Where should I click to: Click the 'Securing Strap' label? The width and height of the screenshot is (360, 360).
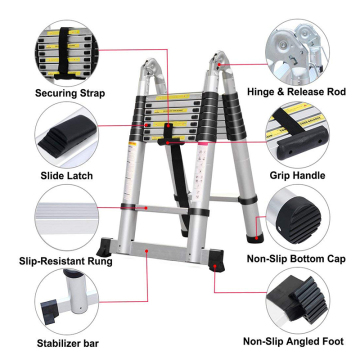pyautogui.click(x=70, y=93)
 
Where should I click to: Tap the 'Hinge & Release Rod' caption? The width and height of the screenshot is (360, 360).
pyautogui.click(x=296, y=92)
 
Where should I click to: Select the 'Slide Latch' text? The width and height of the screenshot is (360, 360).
pyautogui.click(x=67, y=176)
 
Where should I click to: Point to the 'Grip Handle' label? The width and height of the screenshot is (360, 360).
pyautogui.click(x=297, y=175)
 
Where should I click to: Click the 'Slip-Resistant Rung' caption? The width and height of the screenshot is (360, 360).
pyautogui.click(x=66, y=261)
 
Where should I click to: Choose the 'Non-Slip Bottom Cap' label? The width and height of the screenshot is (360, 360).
pyautogui.click(x=296, y=259)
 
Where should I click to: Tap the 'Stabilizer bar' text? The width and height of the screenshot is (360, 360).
pyautogui.click(x=68, y=343)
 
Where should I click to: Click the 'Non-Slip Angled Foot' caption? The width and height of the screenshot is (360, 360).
pyautogui.click(x=293, y=341)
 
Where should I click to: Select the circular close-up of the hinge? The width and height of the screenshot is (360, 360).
pyautogui.click(x=297, y=52)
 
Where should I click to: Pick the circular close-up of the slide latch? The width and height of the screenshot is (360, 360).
pyautogui.click(x=67, y=135)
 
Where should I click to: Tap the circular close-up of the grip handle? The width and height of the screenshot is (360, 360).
pyautogui.click(x=297, y=135)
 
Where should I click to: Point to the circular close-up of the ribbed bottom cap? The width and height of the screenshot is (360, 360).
pyautogui.click(x=298, y=217)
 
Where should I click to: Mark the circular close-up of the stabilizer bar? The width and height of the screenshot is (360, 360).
pyautogui.click(x=67, y=301)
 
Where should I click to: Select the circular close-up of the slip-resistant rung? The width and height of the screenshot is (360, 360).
pyautogui.click(x=67, y=218)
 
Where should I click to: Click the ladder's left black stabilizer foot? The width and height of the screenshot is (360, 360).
pyautogui.click(x=104, y=247)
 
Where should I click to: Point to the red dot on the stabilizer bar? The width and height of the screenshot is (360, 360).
pyautogui.click(x=147, y=250)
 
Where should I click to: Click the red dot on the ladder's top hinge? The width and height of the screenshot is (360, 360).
pyautogui.click(x=219, y=64)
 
